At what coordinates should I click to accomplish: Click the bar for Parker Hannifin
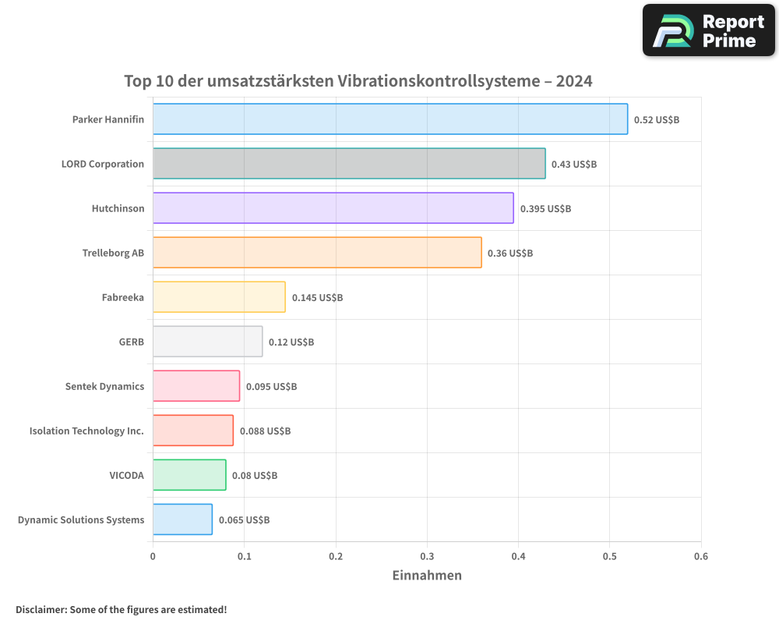389,119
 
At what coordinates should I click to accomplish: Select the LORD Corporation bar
349,164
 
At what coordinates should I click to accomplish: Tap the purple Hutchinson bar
333,208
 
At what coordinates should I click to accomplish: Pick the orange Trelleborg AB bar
317,253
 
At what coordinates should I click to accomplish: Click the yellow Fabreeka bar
219,297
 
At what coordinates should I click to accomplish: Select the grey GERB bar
207,342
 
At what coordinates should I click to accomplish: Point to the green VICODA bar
189,475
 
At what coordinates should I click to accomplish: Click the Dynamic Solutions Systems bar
182,519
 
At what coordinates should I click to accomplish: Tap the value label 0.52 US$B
656,120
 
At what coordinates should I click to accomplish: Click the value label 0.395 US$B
545,209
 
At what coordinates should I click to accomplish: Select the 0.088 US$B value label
265,431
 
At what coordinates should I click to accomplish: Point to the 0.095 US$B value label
271,387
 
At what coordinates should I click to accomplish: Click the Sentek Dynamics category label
104,387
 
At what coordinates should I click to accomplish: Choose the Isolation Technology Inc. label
86,431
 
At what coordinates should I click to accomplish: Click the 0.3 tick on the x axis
427,557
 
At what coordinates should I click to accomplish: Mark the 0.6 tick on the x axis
700,557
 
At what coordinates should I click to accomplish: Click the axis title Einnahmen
427,576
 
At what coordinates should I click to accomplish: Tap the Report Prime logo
709,30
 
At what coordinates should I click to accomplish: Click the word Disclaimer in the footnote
41,610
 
